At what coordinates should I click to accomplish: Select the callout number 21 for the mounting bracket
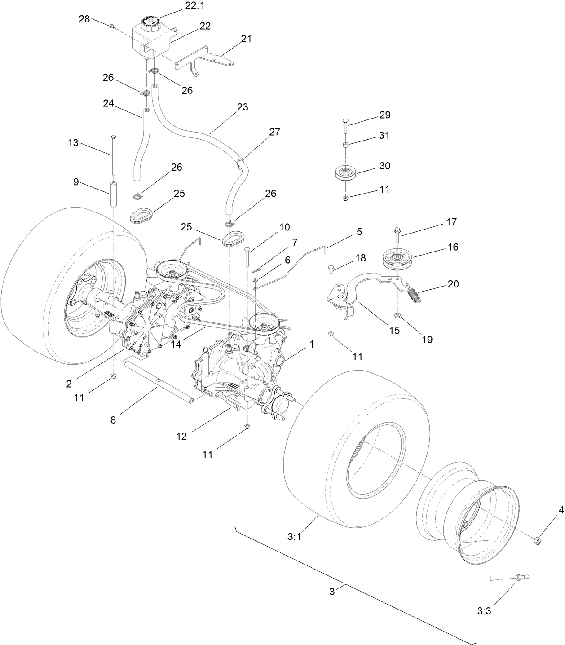[x=246, y=39]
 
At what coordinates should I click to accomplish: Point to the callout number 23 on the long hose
[x=243, y=107]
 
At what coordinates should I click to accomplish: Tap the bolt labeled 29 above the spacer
[x=345, y=125]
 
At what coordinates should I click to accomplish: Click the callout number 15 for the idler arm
[x=393, y=330]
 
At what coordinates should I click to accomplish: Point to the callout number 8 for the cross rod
[x=113, y=420]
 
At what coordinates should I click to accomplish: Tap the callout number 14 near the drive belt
[x=176, y=344]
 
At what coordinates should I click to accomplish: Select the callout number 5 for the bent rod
[x=359, y=232]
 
